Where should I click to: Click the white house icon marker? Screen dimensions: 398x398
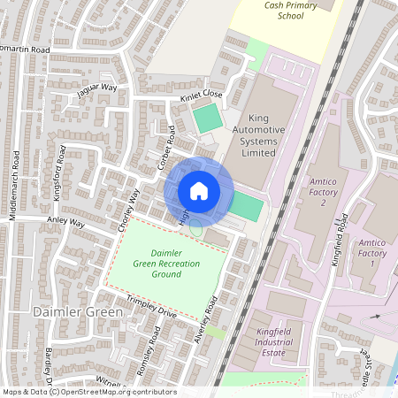pyautogui.click(x=199, y=191)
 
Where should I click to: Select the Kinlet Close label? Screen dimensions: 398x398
pyautogui.click(x=202, y=93)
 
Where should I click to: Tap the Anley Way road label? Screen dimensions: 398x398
pyautogui.click(x=66, y=224)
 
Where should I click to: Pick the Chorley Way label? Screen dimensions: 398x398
pyautogui.click(x=129, y=210)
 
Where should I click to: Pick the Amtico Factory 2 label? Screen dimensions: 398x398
pyautogui.click(x=324, y=192)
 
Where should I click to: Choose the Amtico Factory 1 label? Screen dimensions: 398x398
pyautogui.click(x=372, y=252)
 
